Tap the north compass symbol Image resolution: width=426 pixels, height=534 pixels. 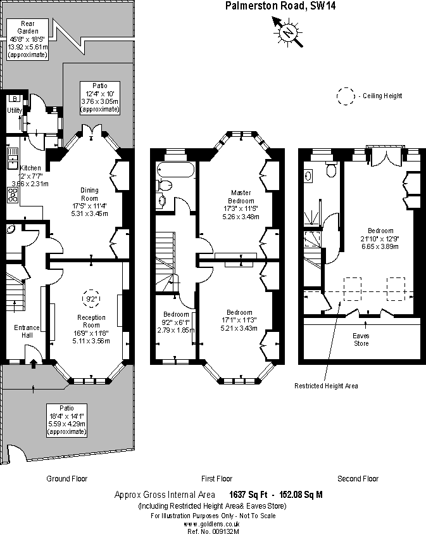(287, 31)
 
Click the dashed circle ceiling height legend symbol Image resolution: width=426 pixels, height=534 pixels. (346, 96)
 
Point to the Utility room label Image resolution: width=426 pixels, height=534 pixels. (15, 111)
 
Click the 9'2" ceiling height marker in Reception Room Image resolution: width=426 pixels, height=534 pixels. (91, 298)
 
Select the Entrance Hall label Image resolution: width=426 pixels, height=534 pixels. (27, 331)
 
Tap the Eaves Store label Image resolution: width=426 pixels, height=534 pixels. (361, 340)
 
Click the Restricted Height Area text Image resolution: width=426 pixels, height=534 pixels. (326, 386)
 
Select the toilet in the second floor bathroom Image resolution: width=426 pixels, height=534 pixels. (329, 169)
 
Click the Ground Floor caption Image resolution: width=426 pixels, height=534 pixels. (67, 479)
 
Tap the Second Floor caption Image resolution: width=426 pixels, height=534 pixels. (358, 479)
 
